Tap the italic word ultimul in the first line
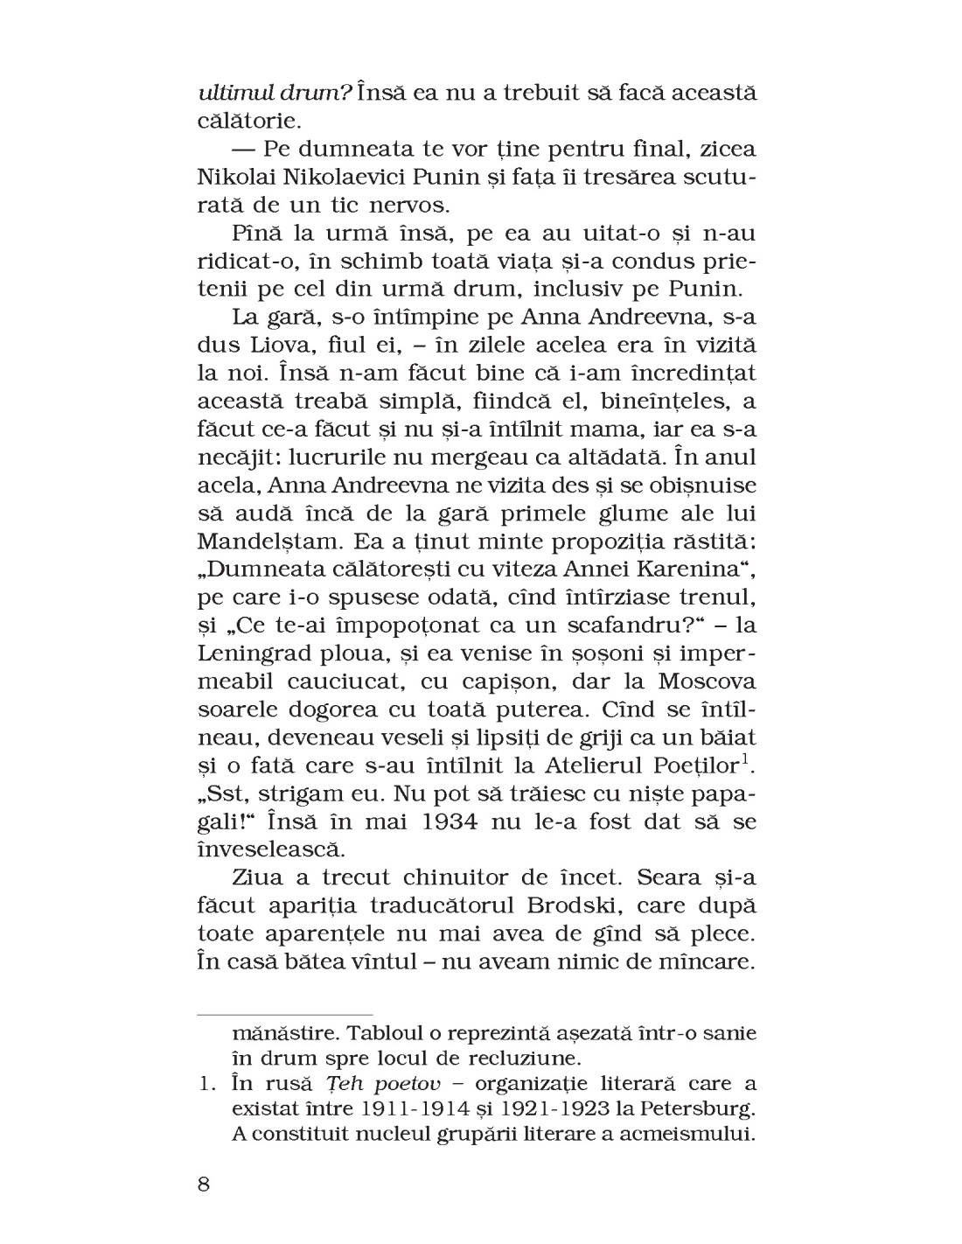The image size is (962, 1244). tap(230, 92)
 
